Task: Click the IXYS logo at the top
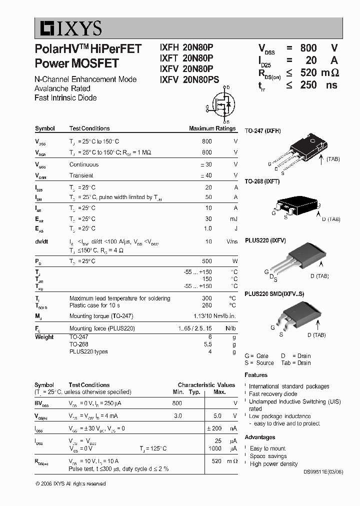pyautogui.click(x=68, y=28)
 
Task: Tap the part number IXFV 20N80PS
pyautogui.click(x=189, y=79)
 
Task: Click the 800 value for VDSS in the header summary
pyautogui.click(x=308, y=48)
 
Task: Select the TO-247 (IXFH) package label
pyautogui.click(x=262, y=131)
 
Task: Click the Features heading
pyautogui.click(x=256, y=375)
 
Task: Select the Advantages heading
pyautogui.click(x=260, y=437)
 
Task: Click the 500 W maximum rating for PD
pyautogui.click(x=206, y=261)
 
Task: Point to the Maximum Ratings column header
pyautogui.click(x=212, y=128)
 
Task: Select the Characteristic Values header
pyautogui.click(x=206, y=385)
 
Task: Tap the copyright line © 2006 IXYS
pyautogui.click(x=70, y=483)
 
